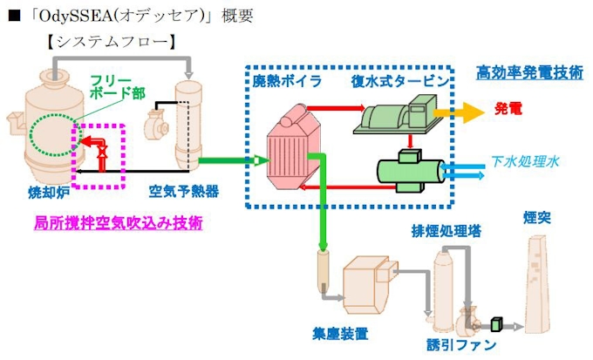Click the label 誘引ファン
[465, 345]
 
